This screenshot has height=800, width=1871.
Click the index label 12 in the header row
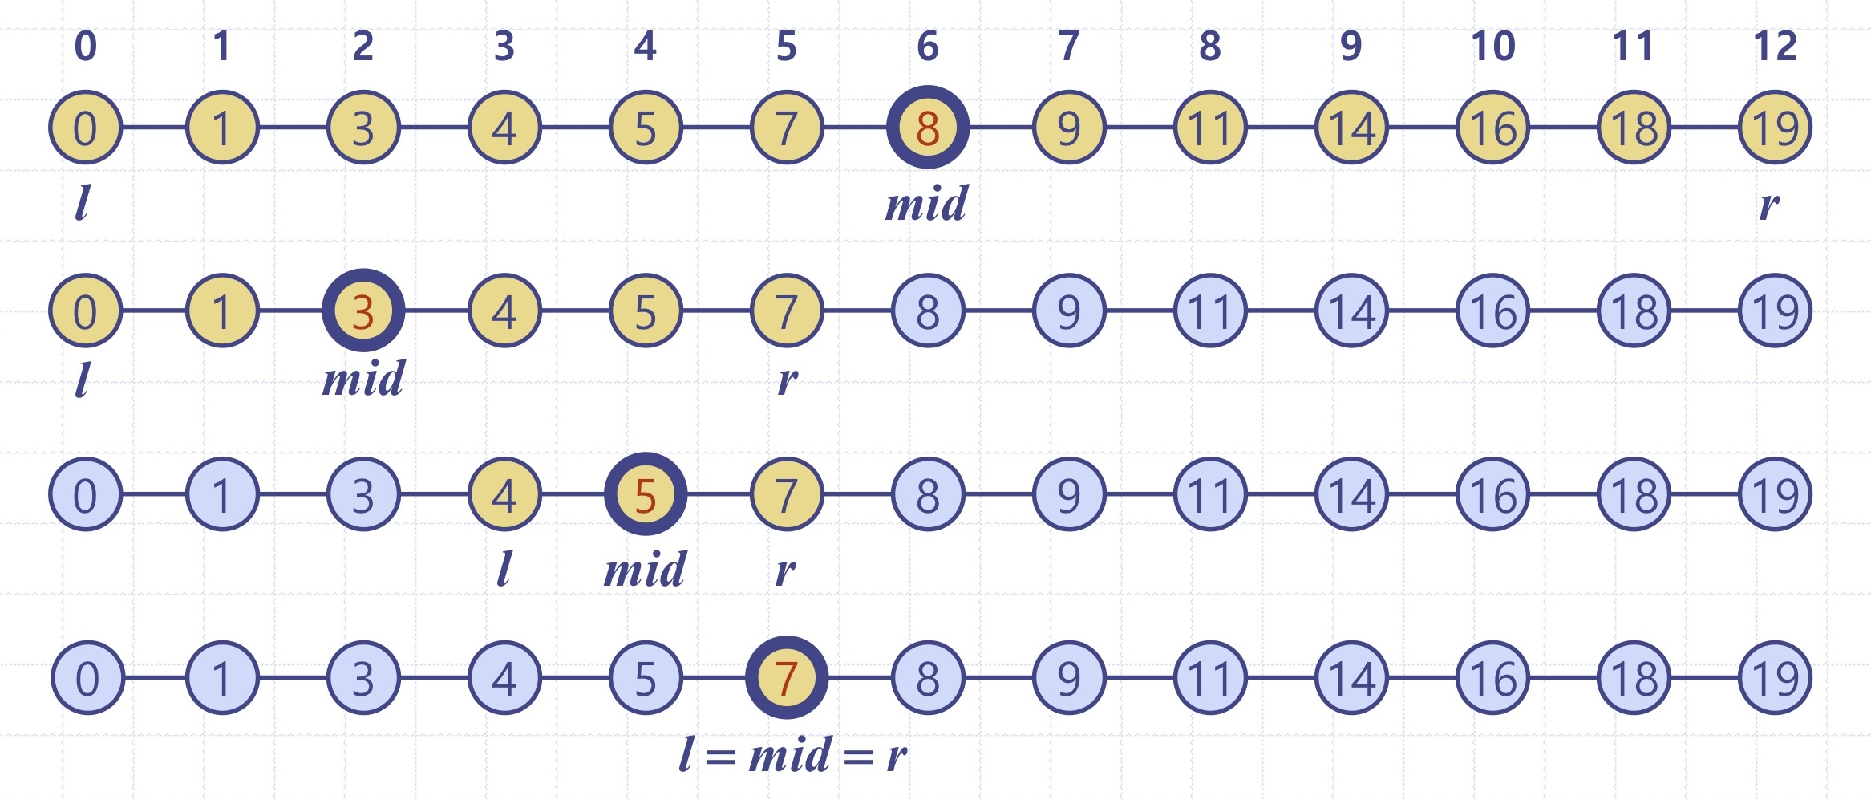click(1775, 47)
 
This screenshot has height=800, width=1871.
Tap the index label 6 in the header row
click(928, 47)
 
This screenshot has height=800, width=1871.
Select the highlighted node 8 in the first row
click(928, 128)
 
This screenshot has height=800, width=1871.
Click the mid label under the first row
click(927, 204)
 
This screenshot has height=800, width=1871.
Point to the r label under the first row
click(1769, 205)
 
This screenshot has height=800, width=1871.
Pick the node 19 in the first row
click(1775, 128)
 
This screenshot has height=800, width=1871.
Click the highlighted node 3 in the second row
click(363, 311)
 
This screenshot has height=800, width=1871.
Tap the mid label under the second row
click(364, 379)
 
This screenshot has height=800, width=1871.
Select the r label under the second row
click(788, 381)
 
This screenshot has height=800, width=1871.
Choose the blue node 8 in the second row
click(928, 311)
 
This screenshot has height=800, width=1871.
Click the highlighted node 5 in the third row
click(646, 494)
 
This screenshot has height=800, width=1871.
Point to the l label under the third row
click(504, 570)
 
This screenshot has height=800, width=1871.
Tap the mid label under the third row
click(646, 570)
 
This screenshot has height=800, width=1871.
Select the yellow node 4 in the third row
click(504, 494)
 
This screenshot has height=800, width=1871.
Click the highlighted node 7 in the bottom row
click(787, 678)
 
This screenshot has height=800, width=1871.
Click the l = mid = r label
click(793, 755)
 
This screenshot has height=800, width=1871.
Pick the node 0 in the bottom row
click(87, 678)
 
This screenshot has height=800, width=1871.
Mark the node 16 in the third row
click(1492, 494)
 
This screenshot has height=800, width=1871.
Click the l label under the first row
click(82, 204)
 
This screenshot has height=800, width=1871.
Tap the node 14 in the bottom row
click(1351, 678)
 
